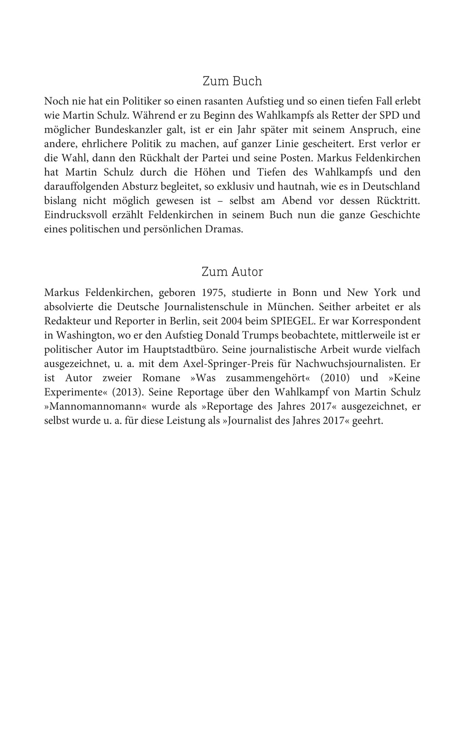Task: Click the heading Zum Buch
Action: click(232, 81)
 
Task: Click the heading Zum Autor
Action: click(232, 272)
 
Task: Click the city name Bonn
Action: click(305, 292)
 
